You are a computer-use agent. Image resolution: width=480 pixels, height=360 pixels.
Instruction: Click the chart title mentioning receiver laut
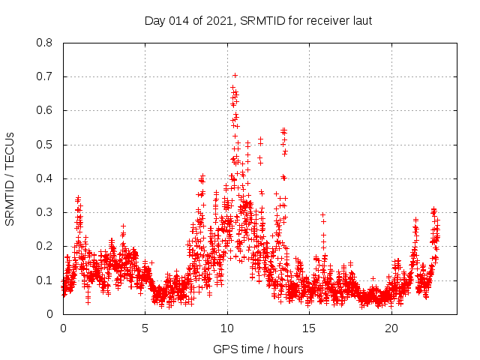pyautogui.click(x=259, y=20)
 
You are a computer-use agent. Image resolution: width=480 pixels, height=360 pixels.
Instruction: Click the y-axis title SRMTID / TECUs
pyautogui.click(x=10, y=178)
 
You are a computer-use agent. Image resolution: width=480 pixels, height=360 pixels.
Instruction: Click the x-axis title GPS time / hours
pyautogui.click(x=259, y=349)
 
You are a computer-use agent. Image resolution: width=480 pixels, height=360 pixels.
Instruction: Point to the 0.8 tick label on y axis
pyautogui.click(x=45, y=43)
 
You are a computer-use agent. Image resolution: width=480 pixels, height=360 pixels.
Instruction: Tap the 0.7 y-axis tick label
pyautogui.click(x=45, y=76)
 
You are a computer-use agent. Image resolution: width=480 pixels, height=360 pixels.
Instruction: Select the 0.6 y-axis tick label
pyautogui.click(x=45, y=110)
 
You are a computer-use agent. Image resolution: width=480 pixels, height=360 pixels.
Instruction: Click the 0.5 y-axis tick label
pyautogui.click(x=45, y=145)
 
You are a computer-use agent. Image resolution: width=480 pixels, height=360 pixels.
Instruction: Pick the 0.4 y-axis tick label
pyautogui.click(x=45, y=178)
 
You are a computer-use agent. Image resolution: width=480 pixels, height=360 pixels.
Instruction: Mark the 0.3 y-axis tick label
pyautogui.click(x=45, y=212)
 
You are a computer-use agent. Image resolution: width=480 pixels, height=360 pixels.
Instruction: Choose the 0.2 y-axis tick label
pyautogui.click(x=45, y=246)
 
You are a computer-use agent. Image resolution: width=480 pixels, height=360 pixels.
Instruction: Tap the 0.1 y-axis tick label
pyautogui.click(x=45, y=280)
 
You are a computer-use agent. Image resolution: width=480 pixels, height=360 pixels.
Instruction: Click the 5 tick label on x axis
pyautogui.click(x=145, y=328)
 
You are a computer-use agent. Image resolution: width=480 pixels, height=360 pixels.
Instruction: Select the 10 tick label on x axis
pyautogui.click(x=227, y=328)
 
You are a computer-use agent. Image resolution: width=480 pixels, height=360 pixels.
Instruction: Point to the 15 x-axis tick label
pyautogui.click(x=310, y=328)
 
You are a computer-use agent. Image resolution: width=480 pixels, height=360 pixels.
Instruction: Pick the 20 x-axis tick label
pyautogui.click(x=391, y=328)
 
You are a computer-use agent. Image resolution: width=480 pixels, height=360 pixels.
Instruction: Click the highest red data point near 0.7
pyautogui.click(x=235, y=75)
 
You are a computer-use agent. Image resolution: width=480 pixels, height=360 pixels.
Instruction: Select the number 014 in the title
pyautogui.click(x=178, y=20)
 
